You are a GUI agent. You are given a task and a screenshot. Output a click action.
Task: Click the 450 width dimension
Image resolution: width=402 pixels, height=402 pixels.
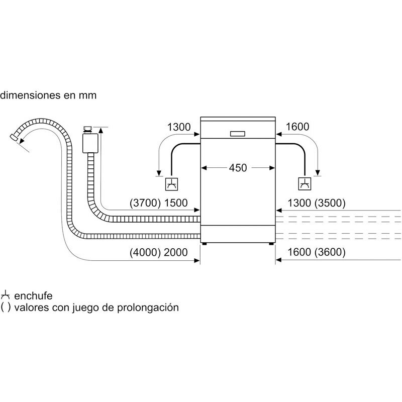(238, 167)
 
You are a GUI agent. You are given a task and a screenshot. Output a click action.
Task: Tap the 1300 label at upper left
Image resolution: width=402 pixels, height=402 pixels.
(179, 127)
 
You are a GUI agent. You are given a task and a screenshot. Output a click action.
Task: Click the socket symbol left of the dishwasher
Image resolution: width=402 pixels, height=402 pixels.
(172, 184)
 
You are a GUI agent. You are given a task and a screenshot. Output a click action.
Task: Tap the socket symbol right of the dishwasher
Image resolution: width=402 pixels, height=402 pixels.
(305, 184)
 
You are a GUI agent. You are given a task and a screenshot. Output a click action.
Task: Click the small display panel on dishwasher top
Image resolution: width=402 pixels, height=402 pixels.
(238, 134)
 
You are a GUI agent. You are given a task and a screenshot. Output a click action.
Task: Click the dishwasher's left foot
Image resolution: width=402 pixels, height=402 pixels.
(204, 244)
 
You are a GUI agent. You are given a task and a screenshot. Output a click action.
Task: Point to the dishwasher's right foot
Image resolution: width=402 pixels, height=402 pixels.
(272, 244)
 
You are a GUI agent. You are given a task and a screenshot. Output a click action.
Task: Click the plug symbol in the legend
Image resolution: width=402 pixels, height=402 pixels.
(6, 294)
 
